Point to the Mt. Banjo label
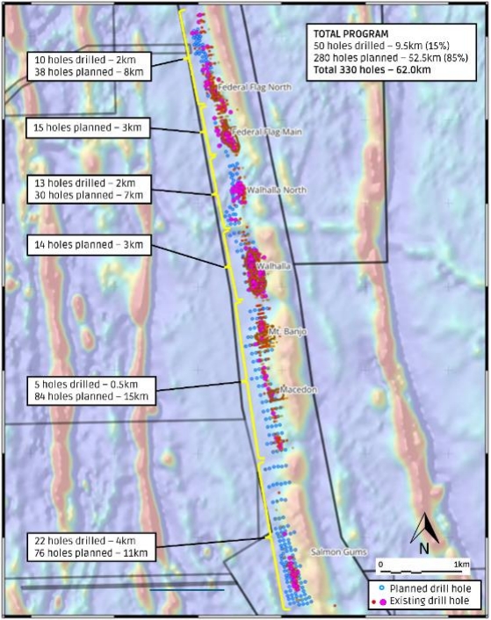[285, 331]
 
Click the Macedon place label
[296, 388]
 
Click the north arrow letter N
[423, 548]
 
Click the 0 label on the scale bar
[381, 562]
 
